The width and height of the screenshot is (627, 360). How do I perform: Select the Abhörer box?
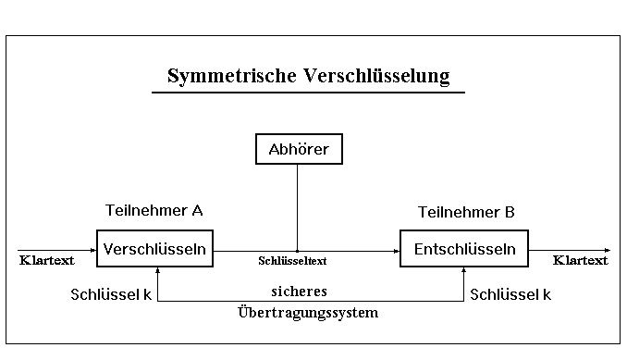tap(298, 149)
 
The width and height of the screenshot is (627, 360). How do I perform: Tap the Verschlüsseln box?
tap(156, 249)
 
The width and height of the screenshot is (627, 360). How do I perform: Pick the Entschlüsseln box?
tap(464, 249)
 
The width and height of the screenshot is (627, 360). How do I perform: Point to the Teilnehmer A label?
tap(154, 210)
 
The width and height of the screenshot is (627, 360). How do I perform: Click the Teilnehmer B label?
tap(466, 212)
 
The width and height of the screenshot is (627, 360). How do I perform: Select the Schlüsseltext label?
tap(293, 261)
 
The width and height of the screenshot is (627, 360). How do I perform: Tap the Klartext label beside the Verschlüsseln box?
tap(46, 260)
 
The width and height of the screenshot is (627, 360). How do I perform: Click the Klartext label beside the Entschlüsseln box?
tap(581, 260)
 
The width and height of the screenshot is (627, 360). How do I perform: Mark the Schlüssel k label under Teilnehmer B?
tap(511, 294)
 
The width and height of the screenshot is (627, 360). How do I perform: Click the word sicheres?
tap(307, 291)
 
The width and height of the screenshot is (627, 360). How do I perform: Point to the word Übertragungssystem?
tap(307, 312)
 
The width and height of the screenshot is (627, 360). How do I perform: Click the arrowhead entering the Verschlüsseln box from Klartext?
tap(92, 250)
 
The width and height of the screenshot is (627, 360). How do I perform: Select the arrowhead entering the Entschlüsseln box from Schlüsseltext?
tap(396, 250)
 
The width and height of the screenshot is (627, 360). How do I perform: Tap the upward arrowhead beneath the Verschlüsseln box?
tap(159, 270)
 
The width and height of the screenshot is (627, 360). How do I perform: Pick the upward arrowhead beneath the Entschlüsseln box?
tap(464, 270)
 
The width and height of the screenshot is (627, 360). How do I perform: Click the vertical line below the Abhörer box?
tap(297, 207)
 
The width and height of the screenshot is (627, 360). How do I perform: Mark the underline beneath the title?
tap(308, 92)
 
